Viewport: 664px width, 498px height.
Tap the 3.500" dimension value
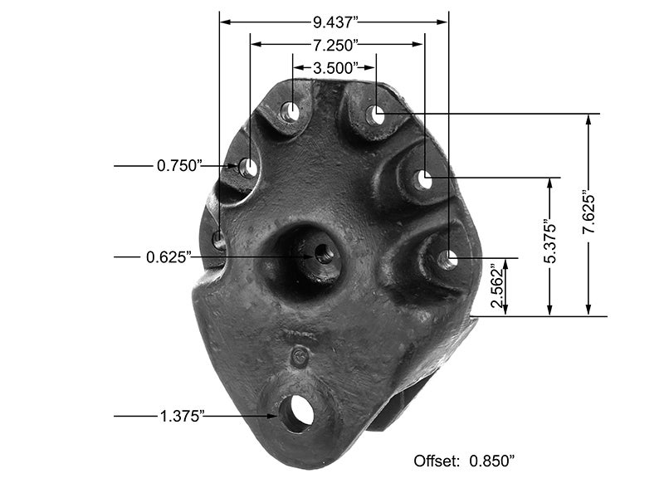(x=335, y=66)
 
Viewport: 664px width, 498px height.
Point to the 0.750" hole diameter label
(x=180, y=166)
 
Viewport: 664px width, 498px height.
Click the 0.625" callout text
(x=169, y=257)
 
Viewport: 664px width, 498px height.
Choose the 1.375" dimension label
(x=181, y=416)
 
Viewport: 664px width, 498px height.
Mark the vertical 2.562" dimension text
(x=497, y=287)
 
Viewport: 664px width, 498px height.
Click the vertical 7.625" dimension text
(x=588, y=215)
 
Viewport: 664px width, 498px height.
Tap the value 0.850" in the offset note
(x=497, y=459)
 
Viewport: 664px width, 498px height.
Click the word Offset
(x=435, y=459)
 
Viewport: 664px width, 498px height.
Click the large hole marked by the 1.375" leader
(x=295, y=413)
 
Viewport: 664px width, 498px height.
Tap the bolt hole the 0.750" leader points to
(x=248, y=167)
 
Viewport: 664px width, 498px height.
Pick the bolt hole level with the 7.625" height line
(x=376, y=115)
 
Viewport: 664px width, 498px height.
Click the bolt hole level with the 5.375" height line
(x=423, y=178)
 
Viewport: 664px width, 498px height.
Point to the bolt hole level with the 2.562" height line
(x=447, y=259)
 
